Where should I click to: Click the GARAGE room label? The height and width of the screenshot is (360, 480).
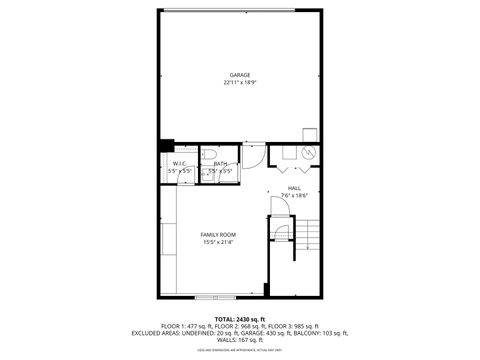click(239, 75)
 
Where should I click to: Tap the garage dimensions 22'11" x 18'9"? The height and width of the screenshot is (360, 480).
click(239, 83)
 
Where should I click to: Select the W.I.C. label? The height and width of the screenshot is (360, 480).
click(179, 163)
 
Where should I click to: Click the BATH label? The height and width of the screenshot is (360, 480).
click(219, 163)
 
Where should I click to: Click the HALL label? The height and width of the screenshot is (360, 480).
click(294, 187)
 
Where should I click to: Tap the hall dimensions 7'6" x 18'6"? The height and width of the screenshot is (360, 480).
click(294, 195)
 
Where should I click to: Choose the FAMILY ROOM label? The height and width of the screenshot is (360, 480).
click(218, 234)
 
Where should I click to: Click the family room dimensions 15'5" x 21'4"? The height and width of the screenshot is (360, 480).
click(218, 242)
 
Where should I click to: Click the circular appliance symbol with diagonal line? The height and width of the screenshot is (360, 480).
click(308, 153)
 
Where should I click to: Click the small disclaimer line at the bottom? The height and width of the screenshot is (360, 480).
click(240, 350)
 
